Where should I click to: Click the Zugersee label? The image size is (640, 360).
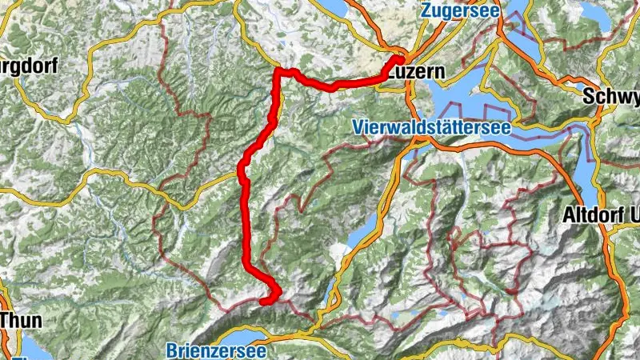[x=458, y=12]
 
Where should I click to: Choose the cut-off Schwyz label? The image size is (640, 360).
[x=612, y=96]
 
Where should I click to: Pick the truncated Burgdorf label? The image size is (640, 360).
[x=29, y=66]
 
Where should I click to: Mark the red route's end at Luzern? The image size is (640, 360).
[x=400, y=59]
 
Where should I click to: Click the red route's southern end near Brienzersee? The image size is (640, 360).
[x=262, y=302]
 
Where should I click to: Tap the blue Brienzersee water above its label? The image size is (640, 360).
[x=232, y=334]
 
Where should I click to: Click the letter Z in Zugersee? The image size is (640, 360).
[x=425, y=12]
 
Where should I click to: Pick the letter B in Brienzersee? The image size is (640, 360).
[x=173, y=350]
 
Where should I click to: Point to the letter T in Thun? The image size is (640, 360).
[x=6, y=318]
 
